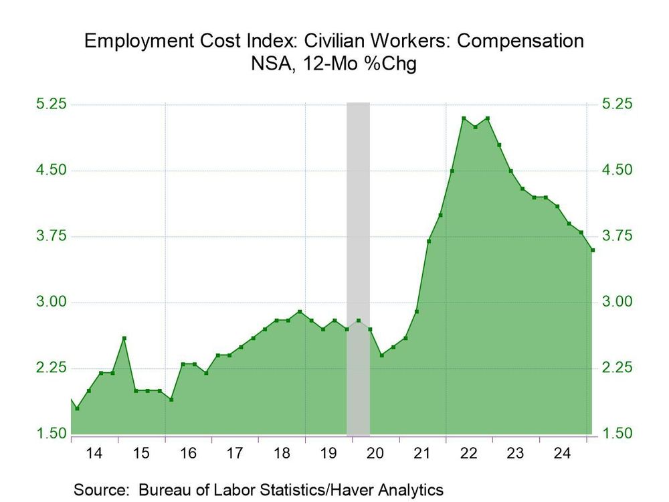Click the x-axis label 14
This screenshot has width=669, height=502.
94,454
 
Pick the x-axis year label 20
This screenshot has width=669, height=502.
375,454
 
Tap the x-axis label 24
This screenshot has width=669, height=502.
563,454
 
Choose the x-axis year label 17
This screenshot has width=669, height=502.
234,454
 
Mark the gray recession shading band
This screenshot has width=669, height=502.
358,268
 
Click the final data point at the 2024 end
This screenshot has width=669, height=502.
593,250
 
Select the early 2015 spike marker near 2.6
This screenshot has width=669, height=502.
124,338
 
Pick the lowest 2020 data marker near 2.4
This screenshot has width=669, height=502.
381,355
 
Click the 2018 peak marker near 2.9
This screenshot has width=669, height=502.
300,312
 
